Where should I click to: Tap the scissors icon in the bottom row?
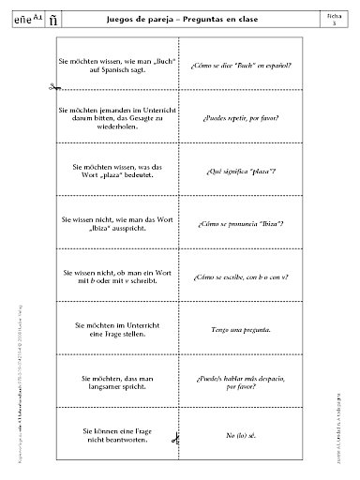point(175,436)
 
